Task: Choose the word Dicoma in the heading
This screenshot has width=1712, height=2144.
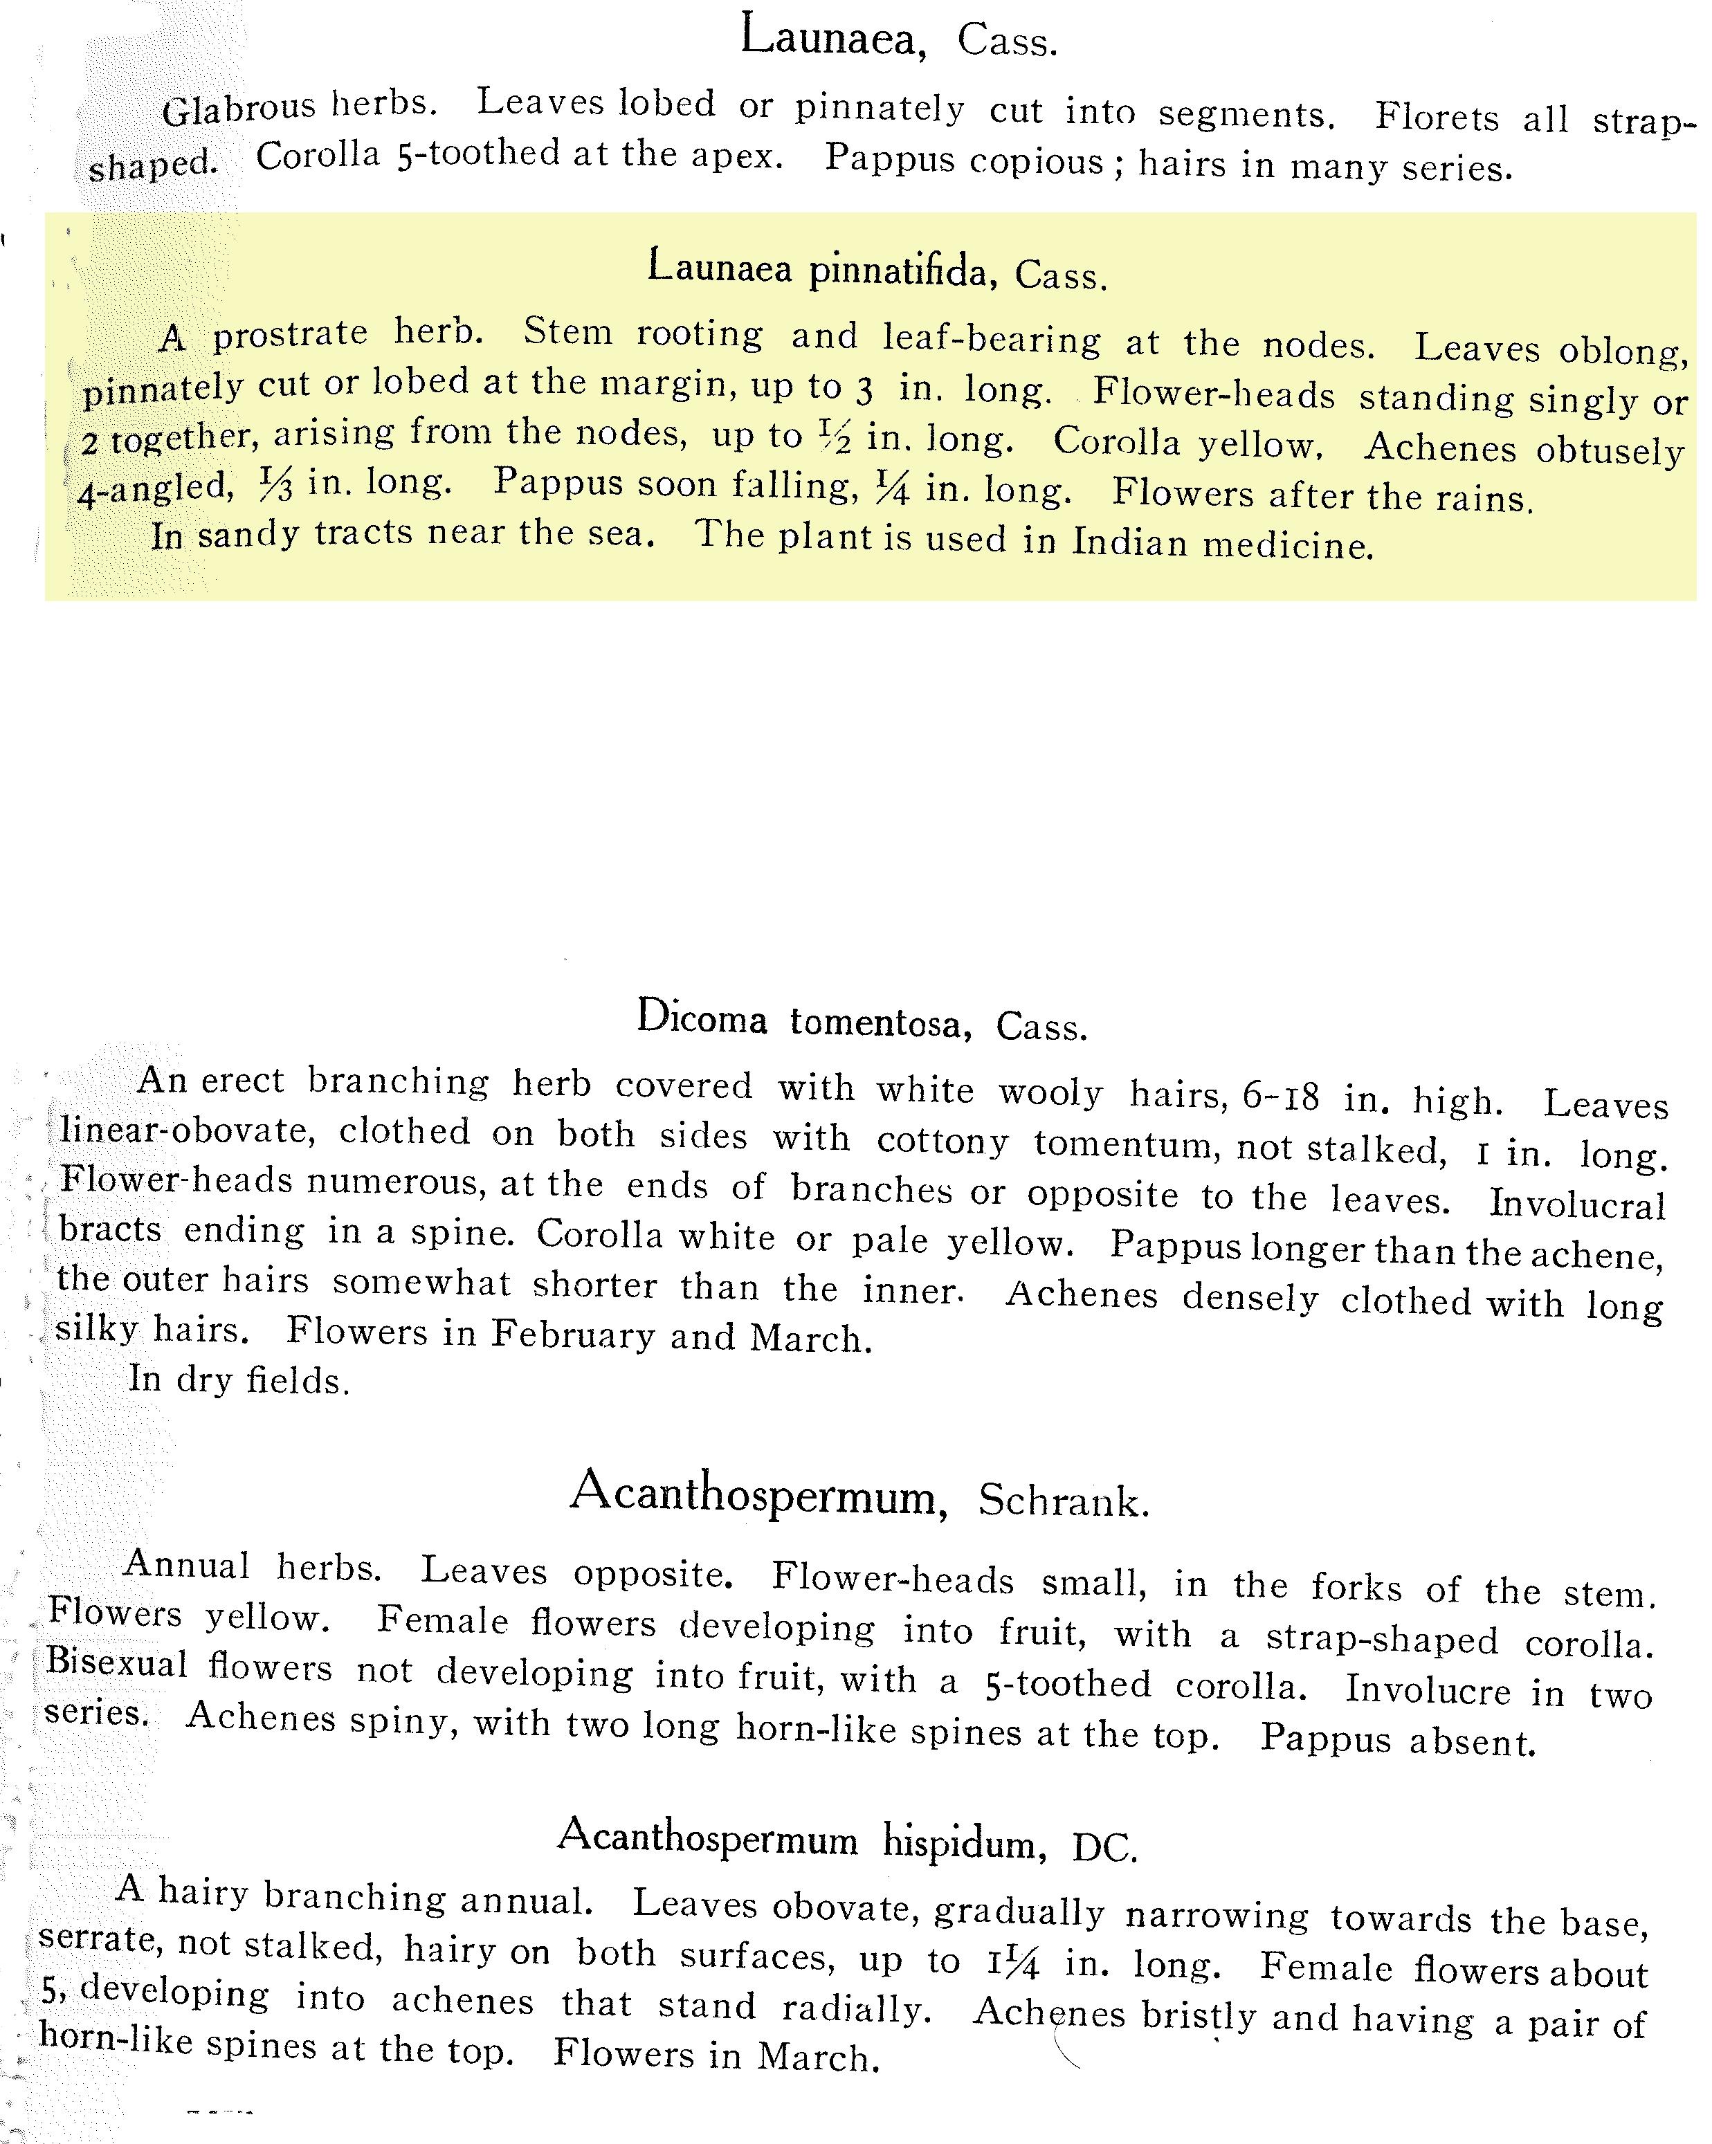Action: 702,1017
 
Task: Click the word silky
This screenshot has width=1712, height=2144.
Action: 96,1328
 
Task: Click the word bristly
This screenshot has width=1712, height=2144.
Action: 1194,2015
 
